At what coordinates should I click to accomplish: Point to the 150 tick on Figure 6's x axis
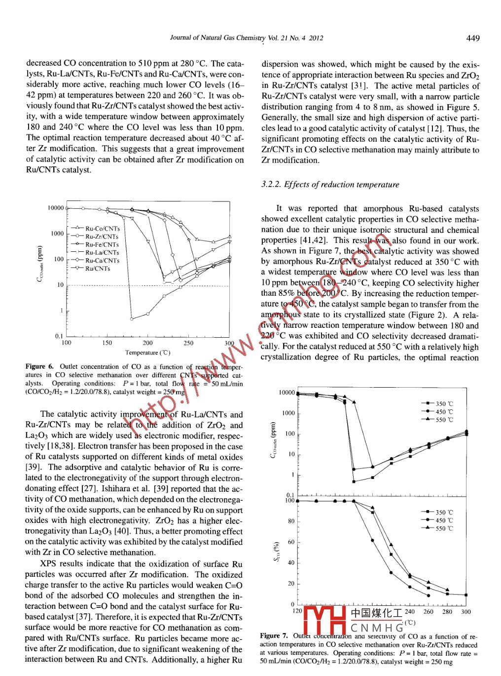tap(107, 343)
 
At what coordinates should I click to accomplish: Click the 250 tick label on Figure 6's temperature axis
tap(188, 343)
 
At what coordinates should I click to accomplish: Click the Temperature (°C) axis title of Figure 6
tap(147, 353)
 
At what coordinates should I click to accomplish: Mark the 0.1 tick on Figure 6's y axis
tap(59, 336)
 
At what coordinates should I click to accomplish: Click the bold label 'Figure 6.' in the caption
tap(39, 366)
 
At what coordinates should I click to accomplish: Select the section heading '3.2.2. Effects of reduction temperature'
tap(330, 185)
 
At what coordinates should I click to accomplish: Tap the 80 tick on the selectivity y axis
tap(291, 521)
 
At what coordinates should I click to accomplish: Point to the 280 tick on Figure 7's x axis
tap(447, 612)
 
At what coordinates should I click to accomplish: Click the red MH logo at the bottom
tap(324, 621)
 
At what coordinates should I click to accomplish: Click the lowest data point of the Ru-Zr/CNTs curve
tap(131, 318)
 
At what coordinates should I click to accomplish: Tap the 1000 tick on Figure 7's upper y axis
tap(288, 413)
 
